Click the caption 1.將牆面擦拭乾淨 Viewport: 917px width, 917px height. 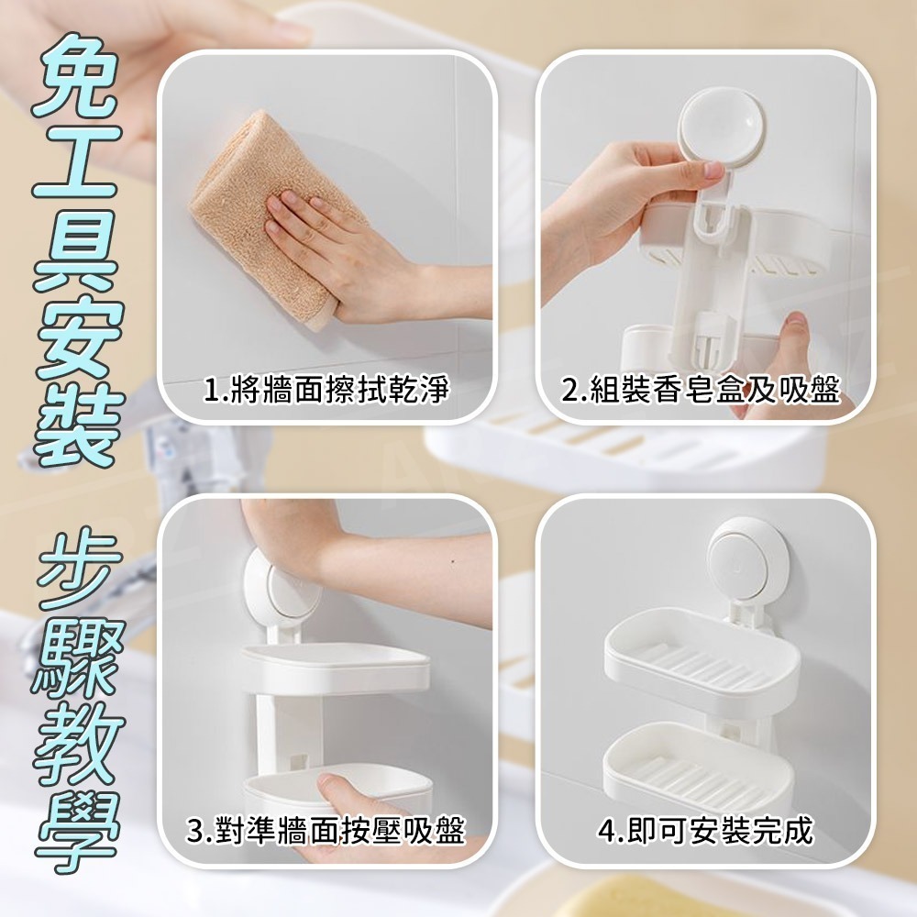[326, 392]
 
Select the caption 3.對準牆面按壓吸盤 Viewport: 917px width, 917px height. [326, 832]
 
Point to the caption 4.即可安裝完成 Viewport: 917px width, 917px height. [704, 832]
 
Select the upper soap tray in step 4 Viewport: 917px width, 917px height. [702, 656]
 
